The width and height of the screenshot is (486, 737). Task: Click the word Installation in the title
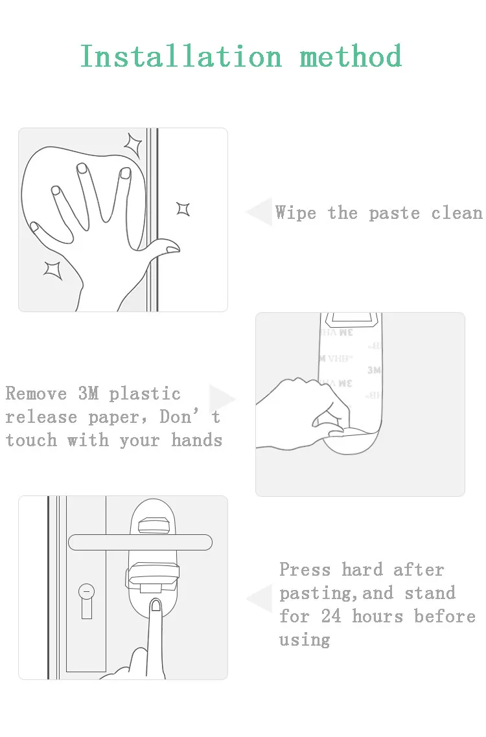coord(181,56)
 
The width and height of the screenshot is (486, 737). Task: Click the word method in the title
coord(351,56)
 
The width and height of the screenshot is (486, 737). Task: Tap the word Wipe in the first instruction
coord(295,212)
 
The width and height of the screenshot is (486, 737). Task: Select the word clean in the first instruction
coord(457,213)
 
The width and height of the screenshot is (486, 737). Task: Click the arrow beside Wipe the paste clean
coord(259,212)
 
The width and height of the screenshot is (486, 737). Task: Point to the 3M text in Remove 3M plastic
coord(88,393)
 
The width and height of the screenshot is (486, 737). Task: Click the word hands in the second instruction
coord(196,440)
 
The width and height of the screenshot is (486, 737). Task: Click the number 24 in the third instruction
coord(331,616)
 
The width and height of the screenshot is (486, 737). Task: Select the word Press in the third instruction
coord(305,569)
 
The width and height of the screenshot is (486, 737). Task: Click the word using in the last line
coord(305,640)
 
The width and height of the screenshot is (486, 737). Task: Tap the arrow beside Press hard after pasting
coord(259,598)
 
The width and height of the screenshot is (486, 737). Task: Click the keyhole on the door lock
coord(87,601)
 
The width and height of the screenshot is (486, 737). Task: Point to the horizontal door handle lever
coord(140,542)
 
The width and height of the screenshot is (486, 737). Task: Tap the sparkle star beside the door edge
coord(183,209)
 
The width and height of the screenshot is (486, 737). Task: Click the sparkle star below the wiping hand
coord(52,270)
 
